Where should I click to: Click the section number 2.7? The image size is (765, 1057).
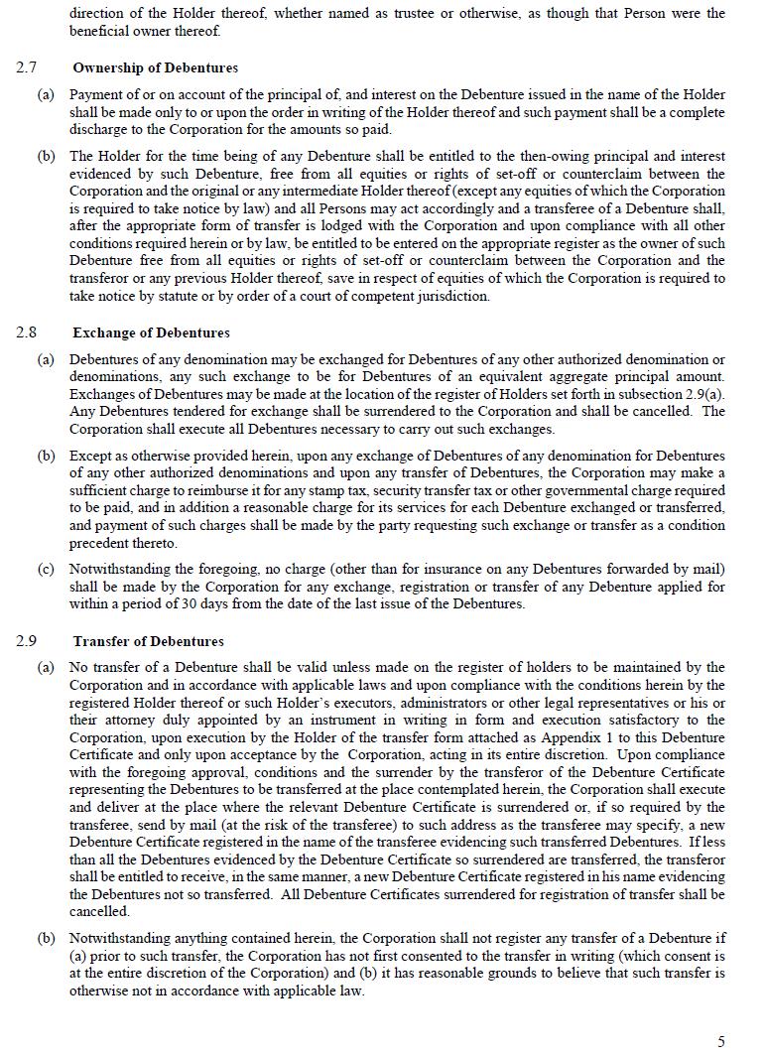pyautogui.click(x=26, y=67)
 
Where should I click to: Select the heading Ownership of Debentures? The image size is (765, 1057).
pyautogui.click(x=155, y=67)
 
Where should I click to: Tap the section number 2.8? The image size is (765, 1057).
pyautogui.click(x=26, y=332)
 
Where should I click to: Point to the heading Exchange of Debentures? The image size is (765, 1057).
pyautogui.click(x=151, y=332)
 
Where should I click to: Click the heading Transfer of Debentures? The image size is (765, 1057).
pyautogui.click(x=148, y=641)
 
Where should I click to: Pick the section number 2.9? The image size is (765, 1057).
pyautogui.click(x=26, y=641)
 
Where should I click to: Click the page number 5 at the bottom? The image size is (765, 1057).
pyautogui.click(x=721, y=1041)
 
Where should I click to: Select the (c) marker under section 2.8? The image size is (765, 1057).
pyautogui.click(x=46, y=569)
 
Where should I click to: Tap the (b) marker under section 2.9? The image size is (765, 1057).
pyautogui.click(x=46, y=938)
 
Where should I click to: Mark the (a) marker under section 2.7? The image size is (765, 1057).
pyautogui.click(x=46, y=94)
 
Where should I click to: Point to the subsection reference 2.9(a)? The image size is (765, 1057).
pyautogui.click(x=703, y=394)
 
